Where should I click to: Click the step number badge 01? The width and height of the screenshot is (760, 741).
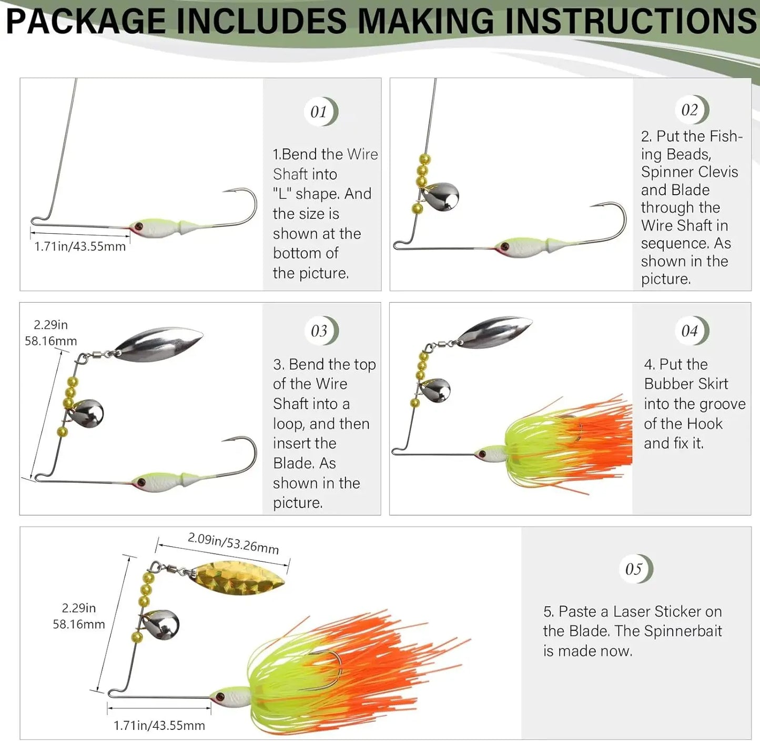coord(319,112)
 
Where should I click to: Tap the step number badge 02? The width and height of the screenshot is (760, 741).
coord(690,110)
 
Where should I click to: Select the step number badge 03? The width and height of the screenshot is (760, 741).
coord(320,331)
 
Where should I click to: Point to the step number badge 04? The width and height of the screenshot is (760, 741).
coord(690,331)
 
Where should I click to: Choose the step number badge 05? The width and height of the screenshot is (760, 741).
coord(634,569)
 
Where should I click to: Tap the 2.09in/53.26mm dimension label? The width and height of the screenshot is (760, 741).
coord(233,543)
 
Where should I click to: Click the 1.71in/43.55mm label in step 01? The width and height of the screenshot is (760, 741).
coord(80,246)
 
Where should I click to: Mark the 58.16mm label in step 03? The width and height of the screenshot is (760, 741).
coord(51,341)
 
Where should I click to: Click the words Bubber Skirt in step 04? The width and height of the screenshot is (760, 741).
coord(686,384)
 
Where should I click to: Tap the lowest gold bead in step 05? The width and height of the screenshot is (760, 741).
coord(137,637)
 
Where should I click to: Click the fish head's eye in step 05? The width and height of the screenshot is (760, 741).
coord(219,697)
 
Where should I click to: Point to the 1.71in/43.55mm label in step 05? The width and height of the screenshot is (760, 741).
coord(159,725)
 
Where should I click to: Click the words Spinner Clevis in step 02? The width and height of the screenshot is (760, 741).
coord(689,172)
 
